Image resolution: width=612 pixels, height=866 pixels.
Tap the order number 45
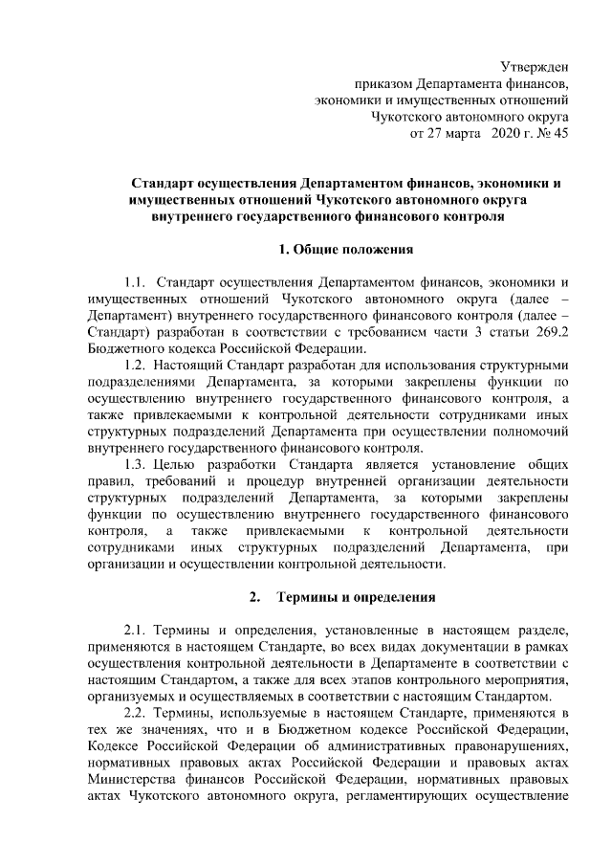tap(560, 134)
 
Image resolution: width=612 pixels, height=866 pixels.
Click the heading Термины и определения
tap(356, 598)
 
